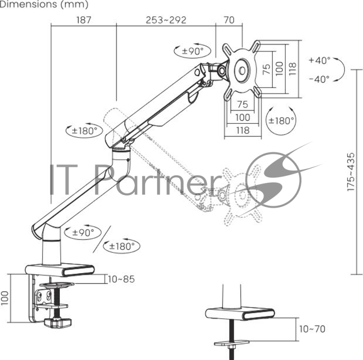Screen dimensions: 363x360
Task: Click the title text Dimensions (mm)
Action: coord(44,4)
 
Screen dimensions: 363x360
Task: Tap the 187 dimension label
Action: coord(84,20)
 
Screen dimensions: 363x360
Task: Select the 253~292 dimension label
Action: coord(166,20)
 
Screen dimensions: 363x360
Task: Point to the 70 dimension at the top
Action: coord(229,20)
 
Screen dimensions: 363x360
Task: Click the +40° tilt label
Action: coord(319,60)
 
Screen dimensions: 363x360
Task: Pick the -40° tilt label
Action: coord(319,79)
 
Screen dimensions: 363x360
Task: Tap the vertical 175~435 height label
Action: coord(351,172)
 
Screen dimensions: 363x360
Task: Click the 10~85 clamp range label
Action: coord(121,279)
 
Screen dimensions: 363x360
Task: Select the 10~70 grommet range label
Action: coord(312,329)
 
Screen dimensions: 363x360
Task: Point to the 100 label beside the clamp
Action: coord(5,298)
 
